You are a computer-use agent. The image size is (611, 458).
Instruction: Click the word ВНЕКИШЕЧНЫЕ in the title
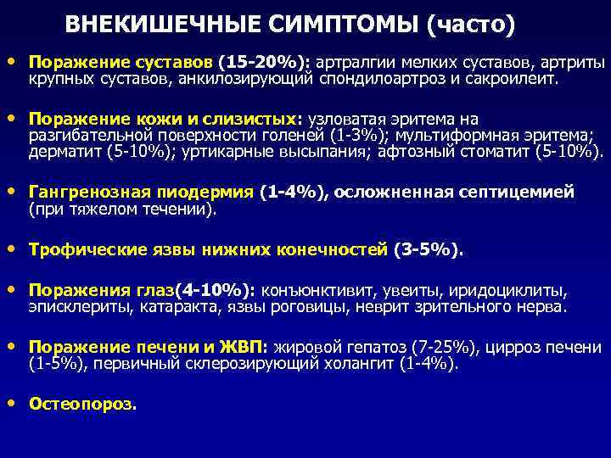coord(157,25)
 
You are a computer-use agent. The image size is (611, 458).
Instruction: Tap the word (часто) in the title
coord(471,25)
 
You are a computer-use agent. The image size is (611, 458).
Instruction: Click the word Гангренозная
coord(81,193)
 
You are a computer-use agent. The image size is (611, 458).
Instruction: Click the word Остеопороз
coord(81,405)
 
